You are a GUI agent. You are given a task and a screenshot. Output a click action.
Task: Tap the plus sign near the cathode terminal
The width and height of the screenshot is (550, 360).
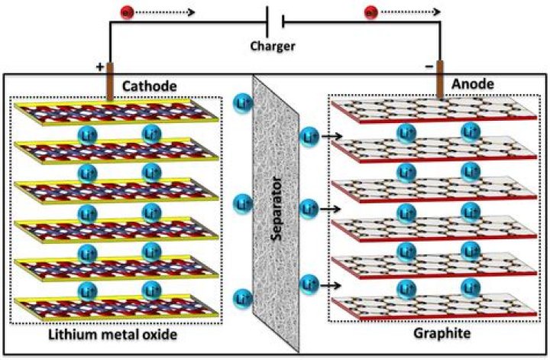[x=99, y=67]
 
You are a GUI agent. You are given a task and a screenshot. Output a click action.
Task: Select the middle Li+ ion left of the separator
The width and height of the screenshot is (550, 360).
[x=243, y=203]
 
